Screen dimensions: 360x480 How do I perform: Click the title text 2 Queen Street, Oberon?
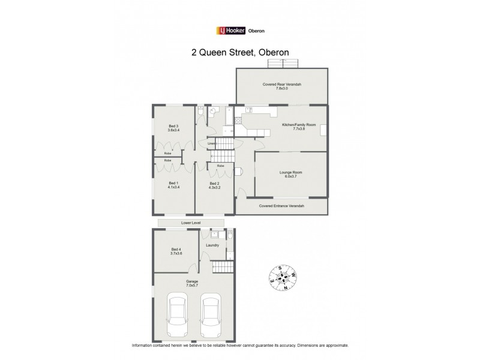(240, 52)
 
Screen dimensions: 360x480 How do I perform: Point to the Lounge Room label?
(290, 174)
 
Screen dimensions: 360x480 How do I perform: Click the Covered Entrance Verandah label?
(281, 206)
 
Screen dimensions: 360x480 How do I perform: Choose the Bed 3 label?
(174, 127)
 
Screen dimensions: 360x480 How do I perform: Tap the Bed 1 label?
(173, 185)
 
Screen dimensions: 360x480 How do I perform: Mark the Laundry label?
(212, 245)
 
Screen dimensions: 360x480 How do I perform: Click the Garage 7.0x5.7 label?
(192, 283)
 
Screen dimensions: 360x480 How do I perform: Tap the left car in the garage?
(176, 316)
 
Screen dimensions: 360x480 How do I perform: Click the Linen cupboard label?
(211, 144)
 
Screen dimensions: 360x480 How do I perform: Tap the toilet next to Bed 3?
(200, 112)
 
